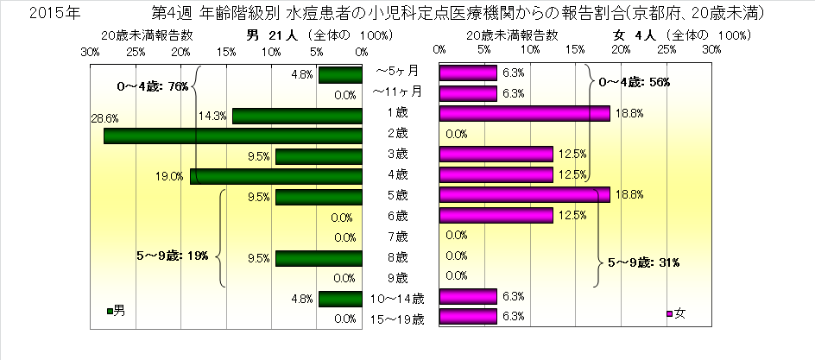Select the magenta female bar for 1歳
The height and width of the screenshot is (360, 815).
(x=525, y=113)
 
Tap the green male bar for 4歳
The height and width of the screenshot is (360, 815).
(x=276, y=176)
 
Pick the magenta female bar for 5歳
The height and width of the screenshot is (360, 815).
(x=525, y=195)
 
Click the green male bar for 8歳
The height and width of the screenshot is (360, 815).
(x=319, y=257)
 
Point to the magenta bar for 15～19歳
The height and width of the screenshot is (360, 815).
(x=468, y=318)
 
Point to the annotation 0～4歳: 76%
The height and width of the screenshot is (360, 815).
(x=152, y=86)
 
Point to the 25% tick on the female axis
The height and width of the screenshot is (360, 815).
(x=667, y=51)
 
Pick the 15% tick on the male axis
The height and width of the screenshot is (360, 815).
(x=226, y=51)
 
